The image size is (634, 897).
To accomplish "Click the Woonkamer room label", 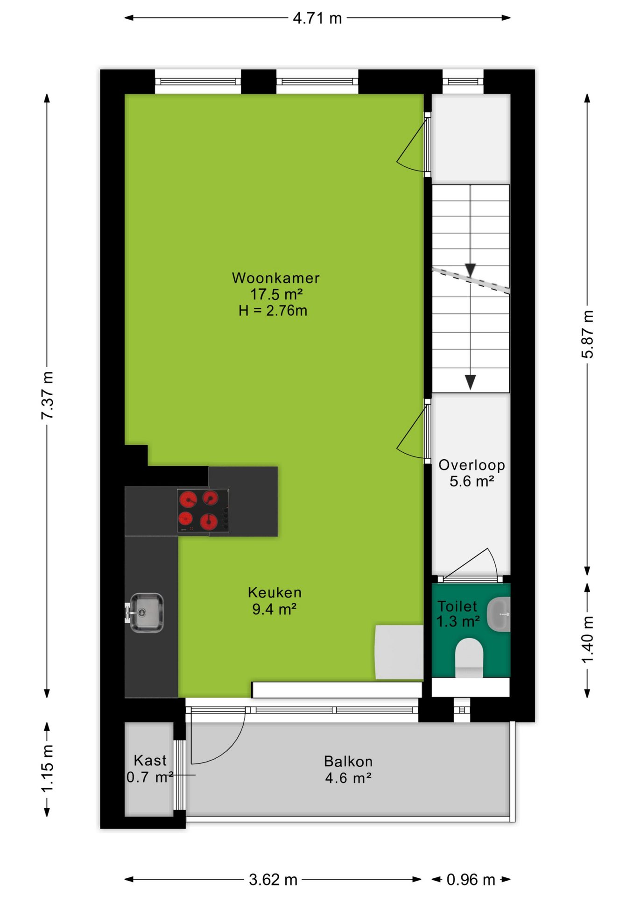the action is point(275,278).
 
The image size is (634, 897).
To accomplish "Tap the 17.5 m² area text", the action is point(276,294).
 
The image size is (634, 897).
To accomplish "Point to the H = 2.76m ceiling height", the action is point(273,311).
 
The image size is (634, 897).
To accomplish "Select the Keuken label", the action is point(275,592).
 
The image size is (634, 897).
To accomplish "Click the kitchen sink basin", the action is point(146,612).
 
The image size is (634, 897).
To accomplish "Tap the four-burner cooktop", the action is point(203,510).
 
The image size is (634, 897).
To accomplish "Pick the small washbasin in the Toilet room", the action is point(499,614).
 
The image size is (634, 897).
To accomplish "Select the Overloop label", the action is point(472,465).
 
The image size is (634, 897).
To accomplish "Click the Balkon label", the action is point(348,762).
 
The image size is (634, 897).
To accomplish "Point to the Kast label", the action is point(150,761).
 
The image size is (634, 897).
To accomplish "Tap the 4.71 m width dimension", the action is point(317,18).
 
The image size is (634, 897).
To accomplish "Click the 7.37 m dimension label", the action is point(48,395).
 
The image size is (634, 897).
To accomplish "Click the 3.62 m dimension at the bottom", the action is point(273,880).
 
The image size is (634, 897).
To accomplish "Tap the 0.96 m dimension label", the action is point(471,880).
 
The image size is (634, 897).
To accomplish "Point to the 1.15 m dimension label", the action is point(48,769).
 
